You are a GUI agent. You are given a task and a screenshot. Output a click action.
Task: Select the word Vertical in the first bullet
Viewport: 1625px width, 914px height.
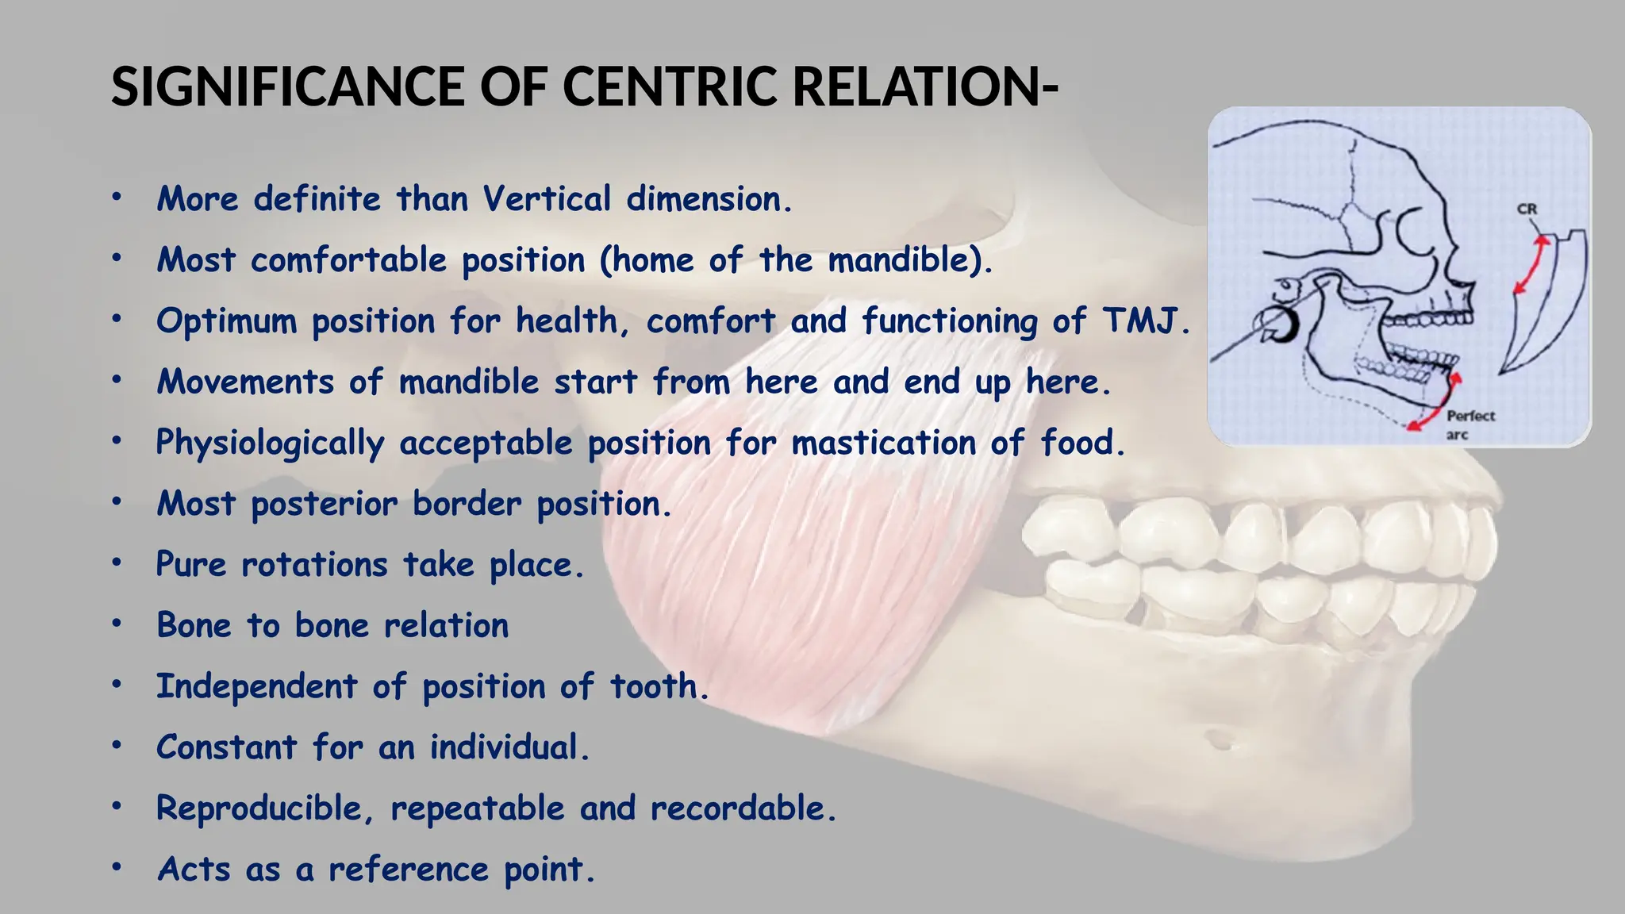547,198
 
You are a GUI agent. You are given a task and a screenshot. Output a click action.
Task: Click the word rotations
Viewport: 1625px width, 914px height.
314,565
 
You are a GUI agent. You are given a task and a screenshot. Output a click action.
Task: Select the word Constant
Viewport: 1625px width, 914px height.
226,747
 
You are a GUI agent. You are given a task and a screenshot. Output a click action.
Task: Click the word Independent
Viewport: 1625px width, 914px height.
257,686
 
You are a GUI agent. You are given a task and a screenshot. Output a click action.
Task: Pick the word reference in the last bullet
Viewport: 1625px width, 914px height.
409,870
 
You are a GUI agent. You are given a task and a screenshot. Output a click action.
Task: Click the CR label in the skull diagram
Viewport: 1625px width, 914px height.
1527,209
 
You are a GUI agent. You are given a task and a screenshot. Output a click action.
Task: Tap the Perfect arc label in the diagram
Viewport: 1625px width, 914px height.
1469,424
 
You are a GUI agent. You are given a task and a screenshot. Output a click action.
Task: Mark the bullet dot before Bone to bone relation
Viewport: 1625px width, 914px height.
117,624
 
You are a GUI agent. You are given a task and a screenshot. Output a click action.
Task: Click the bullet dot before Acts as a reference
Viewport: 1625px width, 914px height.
117,868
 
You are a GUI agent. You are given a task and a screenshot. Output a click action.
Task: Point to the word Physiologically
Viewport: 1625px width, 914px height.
270,443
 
